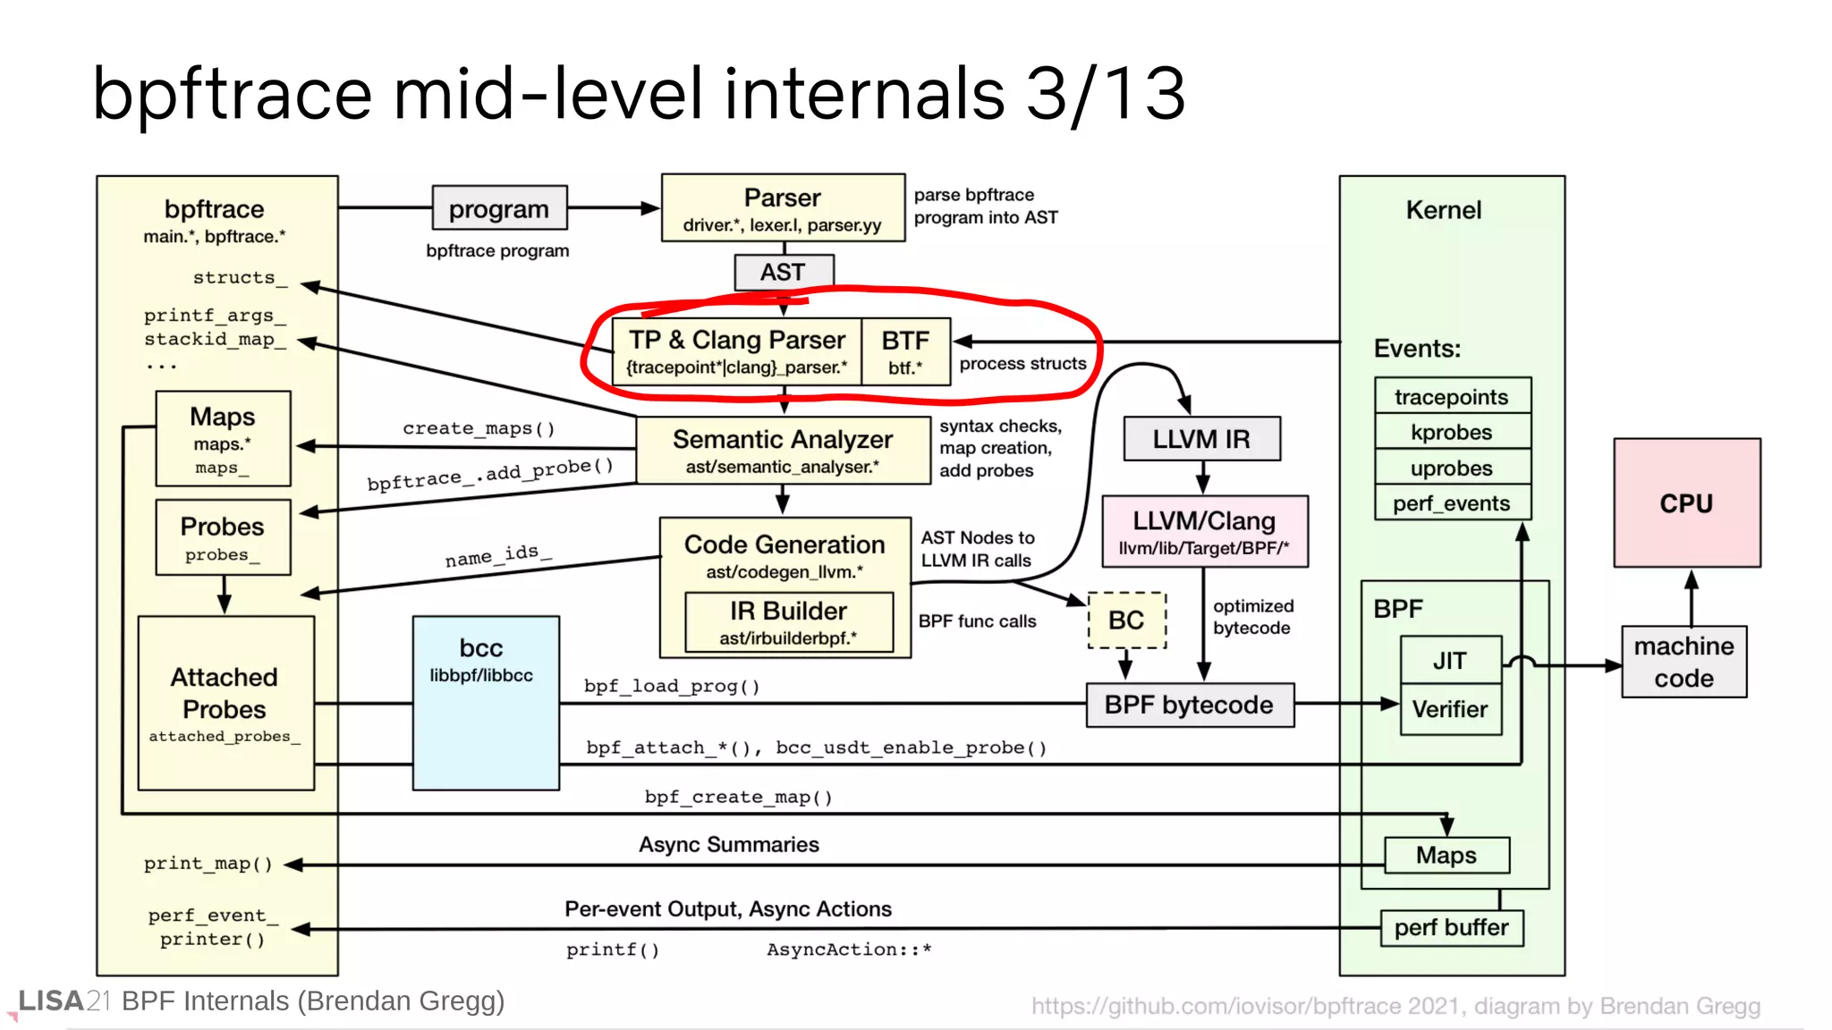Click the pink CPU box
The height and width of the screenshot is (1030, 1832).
tap(1686, 502)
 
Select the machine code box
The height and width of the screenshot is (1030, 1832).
tap(1684, 662)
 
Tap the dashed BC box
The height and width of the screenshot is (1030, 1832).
tap(1126, 620)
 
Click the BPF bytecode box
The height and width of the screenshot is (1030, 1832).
tap(1189, 705)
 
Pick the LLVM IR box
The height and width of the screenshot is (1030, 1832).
tap(1200, 439)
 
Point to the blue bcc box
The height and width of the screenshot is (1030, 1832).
tap(486, 702)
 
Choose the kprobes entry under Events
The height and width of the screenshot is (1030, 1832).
tap(1451, 432)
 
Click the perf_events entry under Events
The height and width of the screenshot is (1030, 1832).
tap(1451, 503)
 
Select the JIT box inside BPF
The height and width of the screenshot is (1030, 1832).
tap(1449, 660)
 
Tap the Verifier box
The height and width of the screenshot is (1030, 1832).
tap(1449, 709)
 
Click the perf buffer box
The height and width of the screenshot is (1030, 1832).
tap(1451, 927)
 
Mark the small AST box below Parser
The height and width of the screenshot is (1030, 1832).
tap(783, 272)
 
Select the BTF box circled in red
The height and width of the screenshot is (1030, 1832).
tap(905, 351)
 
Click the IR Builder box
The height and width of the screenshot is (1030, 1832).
tap(788, 621)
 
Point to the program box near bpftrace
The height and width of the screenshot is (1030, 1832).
tap(499, 208)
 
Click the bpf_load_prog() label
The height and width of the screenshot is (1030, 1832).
tap(672, 686)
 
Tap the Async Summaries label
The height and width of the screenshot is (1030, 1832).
tap(728, 844)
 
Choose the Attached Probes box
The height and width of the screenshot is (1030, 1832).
tap(225, 703)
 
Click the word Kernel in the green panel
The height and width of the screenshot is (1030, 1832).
tap(1443, 210)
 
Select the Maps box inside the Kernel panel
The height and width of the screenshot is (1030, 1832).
tap(1446, 855)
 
